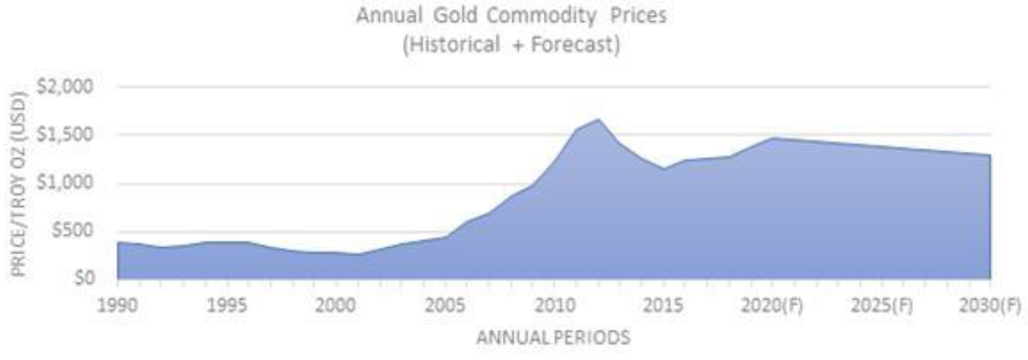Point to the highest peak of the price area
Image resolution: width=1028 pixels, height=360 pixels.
tap(598, 120)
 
